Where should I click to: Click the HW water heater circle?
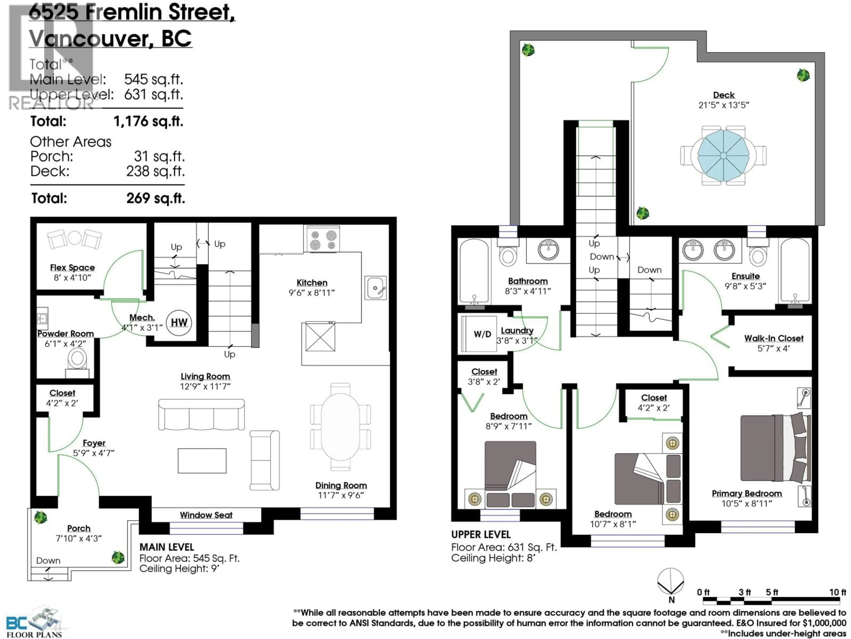[x=179, y=322]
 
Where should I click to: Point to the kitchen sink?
[x=375, y=287]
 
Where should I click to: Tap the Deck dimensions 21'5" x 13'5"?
[x=724, y=105]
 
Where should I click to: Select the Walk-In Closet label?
[x=774, y=338]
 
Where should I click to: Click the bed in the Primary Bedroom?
[x=775, y=448]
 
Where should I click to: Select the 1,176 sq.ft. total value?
[x=148, y=121]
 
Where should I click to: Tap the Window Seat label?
[x=206, y=515]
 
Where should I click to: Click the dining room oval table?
[x=340, y=426]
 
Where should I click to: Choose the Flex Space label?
[x=72, y=267]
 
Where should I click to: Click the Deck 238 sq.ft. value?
[x=155, y=171]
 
